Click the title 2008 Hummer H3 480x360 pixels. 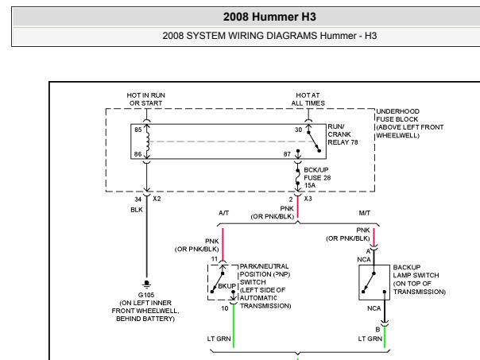239,15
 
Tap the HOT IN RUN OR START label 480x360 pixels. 145,99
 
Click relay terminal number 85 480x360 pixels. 137,129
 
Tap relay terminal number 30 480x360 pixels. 299,129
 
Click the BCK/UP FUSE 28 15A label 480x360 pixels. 317,177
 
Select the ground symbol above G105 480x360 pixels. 145,284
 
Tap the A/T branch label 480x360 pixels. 225,214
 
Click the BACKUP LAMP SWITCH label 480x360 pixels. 419,280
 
